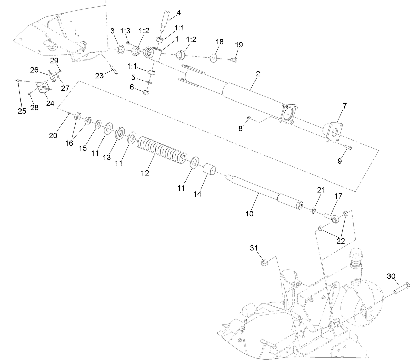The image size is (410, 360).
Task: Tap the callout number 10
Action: click(249, 213)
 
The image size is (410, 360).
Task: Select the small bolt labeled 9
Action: click(348, 147)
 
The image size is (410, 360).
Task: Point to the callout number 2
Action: click(258, 74)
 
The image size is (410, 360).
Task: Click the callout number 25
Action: click(22, 111)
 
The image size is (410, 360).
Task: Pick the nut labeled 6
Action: click(146, 92)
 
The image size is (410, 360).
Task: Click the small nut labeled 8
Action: click(249, 118)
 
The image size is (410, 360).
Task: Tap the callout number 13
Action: click(107, 157)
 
